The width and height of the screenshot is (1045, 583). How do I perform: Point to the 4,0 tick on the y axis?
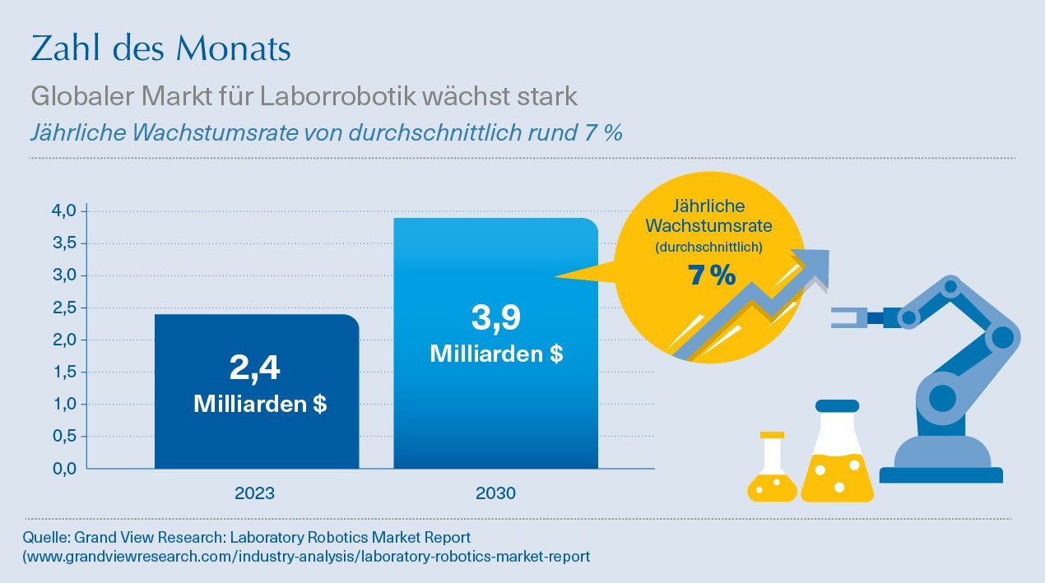(65, 211)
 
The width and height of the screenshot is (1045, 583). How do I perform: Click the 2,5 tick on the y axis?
(65, 308)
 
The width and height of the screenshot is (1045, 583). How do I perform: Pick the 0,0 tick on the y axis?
(65, 469)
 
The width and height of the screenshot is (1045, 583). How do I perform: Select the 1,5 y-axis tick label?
(65, 372)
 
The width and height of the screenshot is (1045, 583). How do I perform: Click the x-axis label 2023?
(255, 494)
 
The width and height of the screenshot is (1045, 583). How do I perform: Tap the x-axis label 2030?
(495, 494)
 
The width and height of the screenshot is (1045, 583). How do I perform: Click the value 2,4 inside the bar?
(255, 369)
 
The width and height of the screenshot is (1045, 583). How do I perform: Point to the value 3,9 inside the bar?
(495, 318)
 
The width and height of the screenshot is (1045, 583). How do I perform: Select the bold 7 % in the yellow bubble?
(711, 276)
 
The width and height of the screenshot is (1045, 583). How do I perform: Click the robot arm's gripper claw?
(847, 317)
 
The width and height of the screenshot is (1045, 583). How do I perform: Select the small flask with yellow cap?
(772, 473)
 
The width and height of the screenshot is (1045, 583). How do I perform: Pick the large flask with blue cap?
(837, 460)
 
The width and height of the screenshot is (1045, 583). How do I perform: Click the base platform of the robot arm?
(940, 474)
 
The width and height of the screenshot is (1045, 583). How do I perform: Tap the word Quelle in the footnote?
(46, 538)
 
